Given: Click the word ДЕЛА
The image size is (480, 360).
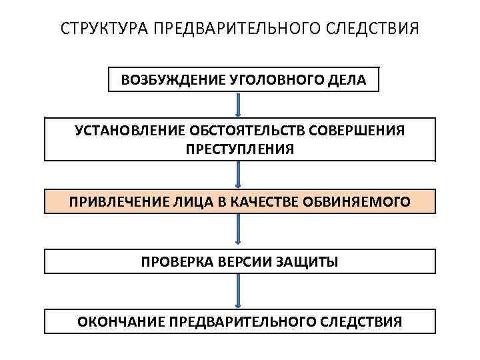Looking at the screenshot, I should point(347,81).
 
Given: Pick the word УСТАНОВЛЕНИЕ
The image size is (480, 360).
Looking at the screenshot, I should point(130,129).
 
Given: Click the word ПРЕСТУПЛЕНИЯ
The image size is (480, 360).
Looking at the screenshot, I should point(239,149).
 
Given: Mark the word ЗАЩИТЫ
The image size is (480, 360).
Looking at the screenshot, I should point(309,261).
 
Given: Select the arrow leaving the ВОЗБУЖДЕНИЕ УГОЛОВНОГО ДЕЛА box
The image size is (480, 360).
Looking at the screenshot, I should point(239,105).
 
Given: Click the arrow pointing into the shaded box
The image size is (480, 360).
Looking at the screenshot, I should point(239,175).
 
